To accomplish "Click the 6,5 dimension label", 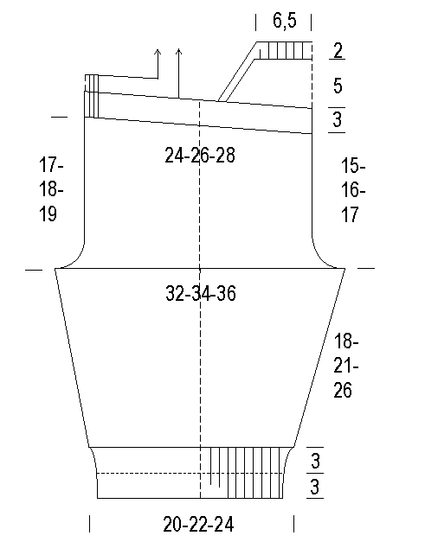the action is (x=285, y=21).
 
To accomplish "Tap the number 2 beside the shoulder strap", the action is (x=338, y=50).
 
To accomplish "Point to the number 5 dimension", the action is (x=338, y=86).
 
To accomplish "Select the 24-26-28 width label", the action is (x=200, y=156).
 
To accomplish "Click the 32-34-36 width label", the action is (x=201, y=293).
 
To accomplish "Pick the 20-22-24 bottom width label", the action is (x=198, y=524).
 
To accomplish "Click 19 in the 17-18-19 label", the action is (x=48, y=214).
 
